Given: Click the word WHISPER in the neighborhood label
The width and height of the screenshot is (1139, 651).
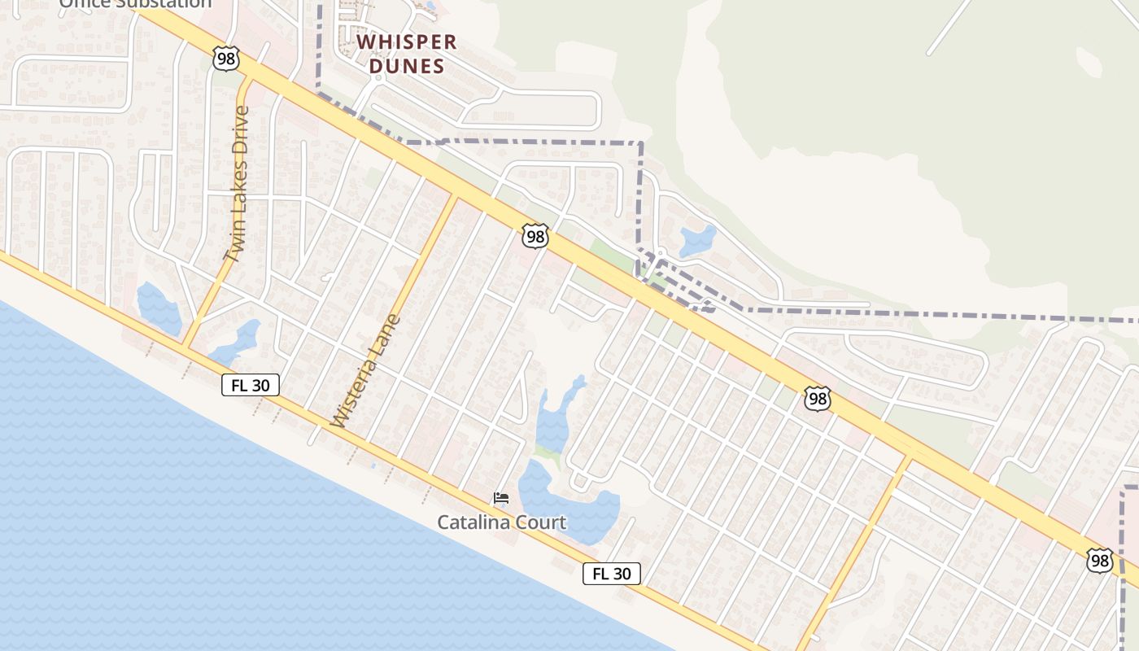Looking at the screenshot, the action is coord(406,42).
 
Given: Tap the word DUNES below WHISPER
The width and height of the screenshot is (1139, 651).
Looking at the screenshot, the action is coord(406,67).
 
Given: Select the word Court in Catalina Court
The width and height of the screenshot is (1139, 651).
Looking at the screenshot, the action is coord(541,522).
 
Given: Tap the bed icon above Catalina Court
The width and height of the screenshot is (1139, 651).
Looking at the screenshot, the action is coord(501,498).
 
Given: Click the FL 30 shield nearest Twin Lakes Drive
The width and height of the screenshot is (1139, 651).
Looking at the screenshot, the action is coord(251,385).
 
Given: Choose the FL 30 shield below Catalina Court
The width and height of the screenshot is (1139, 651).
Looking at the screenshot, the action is coord(612,574).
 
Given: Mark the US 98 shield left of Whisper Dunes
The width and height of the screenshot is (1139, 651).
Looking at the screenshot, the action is coord(226,58).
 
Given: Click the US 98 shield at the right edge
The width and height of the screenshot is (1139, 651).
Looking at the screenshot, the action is coord(1099,560).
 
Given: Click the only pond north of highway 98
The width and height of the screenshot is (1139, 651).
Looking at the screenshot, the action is coord(697,240).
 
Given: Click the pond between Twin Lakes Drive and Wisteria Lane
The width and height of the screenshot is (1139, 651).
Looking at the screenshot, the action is coord(236,343).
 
